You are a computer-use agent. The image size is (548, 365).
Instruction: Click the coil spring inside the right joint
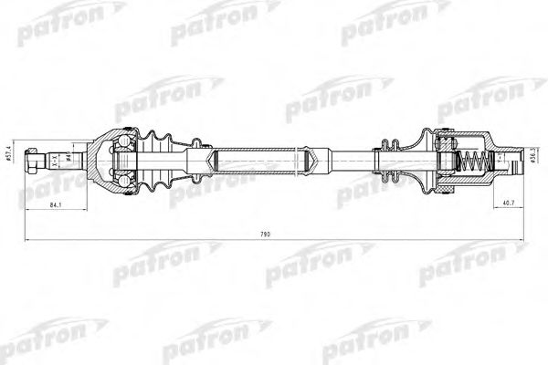(x=469, y=164)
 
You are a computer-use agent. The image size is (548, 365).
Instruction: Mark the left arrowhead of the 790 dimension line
(x=26, y=241)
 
